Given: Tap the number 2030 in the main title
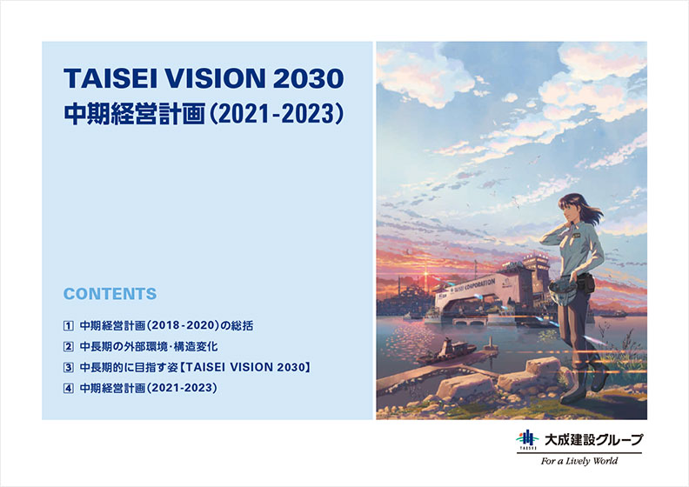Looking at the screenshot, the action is (x=308, y=78).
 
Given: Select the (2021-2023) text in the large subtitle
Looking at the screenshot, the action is (x=277, y=114).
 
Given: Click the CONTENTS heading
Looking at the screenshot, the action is (x=110, y=294).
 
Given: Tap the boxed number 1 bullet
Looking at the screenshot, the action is (x=68, y=326).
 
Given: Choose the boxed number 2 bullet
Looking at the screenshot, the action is (x=68, y=346).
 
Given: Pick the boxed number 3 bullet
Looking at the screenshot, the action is (x=68, y=367).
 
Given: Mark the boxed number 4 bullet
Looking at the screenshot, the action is (x=68, y=388).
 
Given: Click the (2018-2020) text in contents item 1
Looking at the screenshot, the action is (x=183, y=326).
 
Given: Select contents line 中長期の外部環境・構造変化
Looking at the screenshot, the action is (x=149, y=346).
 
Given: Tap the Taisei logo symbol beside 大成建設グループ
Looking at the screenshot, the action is (x=527, y=440).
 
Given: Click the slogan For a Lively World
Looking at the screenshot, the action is (x=579, y=461).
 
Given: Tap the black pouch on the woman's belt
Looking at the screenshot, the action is (x=586, y=283).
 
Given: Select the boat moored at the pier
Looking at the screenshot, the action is (x=446, y=351).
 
